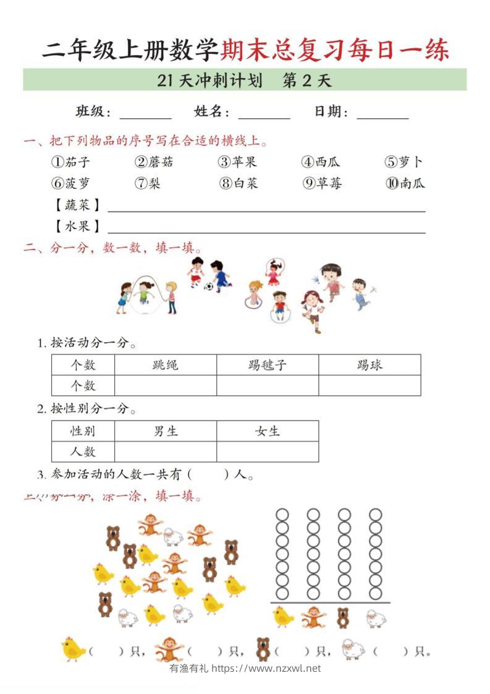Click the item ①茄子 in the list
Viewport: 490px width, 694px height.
pyautogui.click(x=70, y=162)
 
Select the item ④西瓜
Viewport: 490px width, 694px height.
pyautogui.click(x=321, y=162)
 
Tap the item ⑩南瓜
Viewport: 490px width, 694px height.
pyautogui.click(x=405, y=183)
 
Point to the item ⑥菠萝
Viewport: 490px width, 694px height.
pyautogui.click(x=70, y=183)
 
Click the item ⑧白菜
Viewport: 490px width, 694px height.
pyautogui.click(x=238, y=183)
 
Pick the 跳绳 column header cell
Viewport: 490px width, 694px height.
pyautogui.click(x=166, y=365)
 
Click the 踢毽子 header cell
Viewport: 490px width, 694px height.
pyautogui.click(x=268, y=365)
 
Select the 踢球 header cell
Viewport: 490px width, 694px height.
pyautogui.click(x=370, y=365)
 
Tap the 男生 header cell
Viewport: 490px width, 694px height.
pyautogui.click(x=166, y=431)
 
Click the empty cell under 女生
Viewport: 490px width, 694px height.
pyautogui.click(x=268, y=452)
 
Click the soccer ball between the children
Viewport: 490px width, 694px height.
pyautogui.click(x=209, y=287)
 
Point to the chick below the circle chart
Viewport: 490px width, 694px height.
pyautogui.click(x=283, y=617)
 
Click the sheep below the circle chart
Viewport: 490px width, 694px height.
pyautogui.click(x=375, y=617)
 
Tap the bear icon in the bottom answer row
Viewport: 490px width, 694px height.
pyautogui.click(x=264, y=650)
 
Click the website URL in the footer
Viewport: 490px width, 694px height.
pyautogui.click(x=266, y=668)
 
